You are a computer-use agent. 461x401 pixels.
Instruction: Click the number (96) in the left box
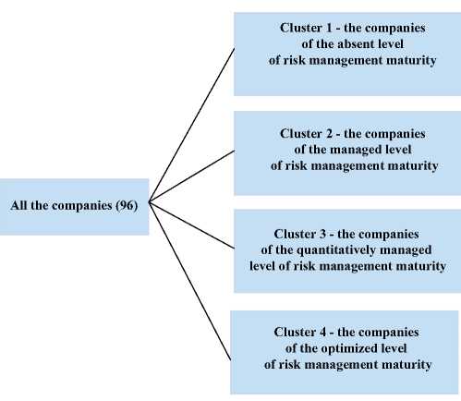[x=127, y=205]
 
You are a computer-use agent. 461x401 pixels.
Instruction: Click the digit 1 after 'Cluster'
[x=328, y=28]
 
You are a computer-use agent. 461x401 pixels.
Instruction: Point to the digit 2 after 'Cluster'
[x=328, y=134]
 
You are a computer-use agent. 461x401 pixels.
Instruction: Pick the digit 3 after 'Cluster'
[x=322, y=234]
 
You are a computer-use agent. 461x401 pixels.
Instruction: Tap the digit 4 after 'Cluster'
[x=322, y=332]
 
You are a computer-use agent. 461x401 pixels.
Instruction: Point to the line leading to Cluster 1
[x=191, y=125]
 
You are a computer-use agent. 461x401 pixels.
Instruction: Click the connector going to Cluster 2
[x=191, y=176]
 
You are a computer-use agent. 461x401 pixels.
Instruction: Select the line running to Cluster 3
[x=191, y=225]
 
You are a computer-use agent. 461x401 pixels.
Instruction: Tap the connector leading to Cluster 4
[x=189, y=281]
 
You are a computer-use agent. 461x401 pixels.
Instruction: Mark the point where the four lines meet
[x=149, y=202]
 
